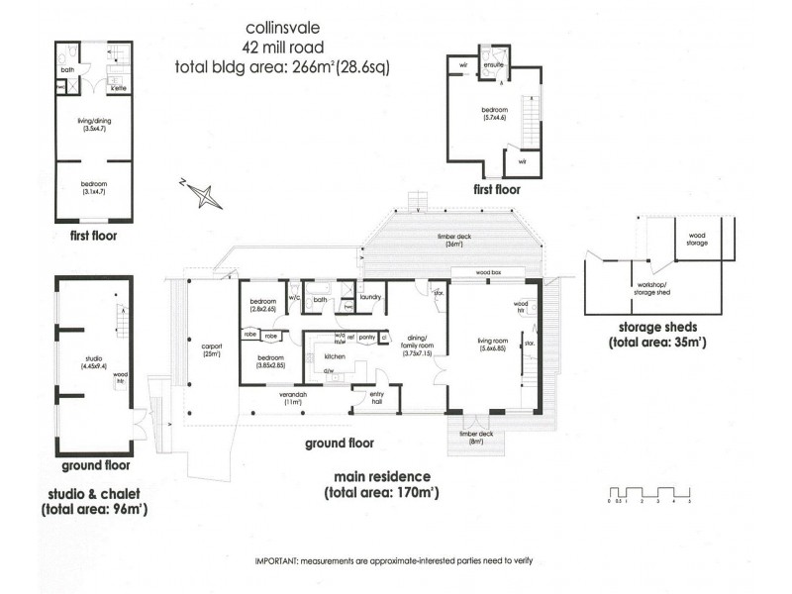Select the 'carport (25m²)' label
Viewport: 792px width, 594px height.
click(211, 349)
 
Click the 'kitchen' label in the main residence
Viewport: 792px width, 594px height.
click(335, 354)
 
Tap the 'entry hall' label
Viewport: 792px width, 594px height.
click(377, 397)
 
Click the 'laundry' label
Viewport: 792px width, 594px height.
click(371, 296)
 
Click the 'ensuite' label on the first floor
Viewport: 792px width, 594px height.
click(493, 65)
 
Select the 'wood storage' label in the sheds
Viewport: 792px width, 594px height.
click(691, 238)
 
